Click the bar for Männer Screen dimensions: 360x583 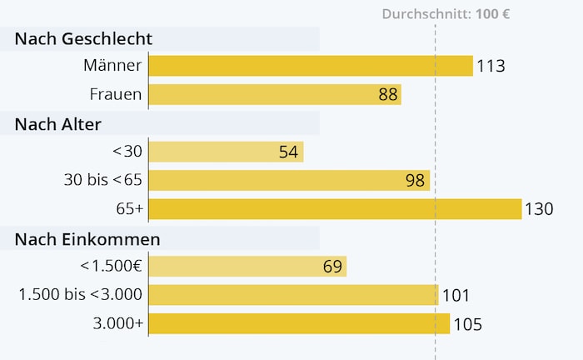pos(310,66)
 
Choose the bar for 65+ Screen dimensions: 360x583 pos(335,209)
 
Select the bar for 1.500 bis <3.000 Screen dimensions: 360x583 pos(293,295)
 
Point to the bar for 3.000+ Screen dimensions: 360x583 pos(299,323)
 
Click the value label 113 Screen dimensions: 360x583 pos(491,67)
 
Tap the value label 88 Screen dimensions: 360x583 pos(388,95)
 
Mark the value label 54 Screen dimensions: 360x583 pos(289,152)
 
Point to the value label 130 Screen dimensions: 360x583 pos(539,210)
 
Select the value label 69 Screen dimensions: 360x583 pos(332,267)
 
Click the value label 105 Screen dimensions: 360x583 pos(467,324)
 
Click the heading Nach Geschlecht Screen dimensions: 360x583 pos(83,38)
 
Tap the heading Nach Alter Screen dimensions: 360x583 pos(58,124)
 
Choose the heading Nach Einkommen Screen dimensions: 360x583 pos(87,239)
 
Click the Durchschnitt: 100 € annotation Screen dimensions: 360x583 pos(446,14)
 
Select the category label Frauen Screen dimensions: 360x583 pos(116,94)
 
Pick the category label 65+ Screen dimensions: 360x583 pos(129,209)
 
